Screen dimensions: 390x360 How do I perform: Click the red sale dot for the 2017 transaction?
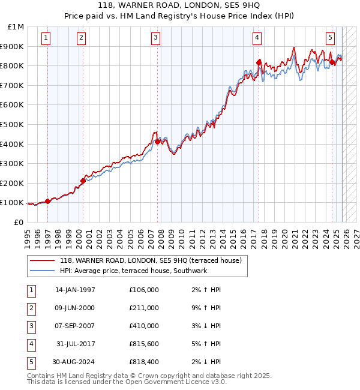pyautogui.click(x=259, y=62)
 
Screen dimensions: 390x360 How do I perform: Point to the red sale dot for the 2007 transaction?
pyautogui.click(x=157, y=142)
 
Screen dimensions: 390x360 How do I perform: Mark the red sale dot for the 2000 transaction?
pyautogui.click(x=83, y=181)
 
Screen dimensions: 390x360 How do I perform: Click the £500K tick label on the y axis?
pyautogui.click(x=12, y=124)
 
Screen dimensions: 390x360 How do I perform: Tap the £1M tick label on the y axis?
pyautogui.click(x=16, y=27)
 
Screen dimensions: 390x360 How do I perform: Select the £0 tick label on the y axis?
pyautogui.click(x=18, y=222)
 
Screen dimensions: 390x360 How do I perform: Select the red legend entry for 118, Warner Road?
pyautogui.click(x=150, y=261)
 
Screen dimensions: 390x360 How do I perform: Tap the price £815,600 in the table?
pyautogui.click(x=143, y=344)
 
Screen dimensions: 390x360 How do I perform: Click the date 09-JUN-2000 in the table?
pyautogui.click(x=75, y=308)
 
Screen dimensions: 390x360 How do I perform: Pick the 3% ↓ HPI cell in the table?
pyautogui.click(x=206, y=326)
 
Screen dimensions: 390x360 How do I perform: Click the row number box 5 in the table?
pyautogui.click(x=31, y=362)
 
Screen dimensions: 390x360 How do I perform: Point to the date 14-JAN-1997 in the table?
pyautogui.click(x=75, y=290)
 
